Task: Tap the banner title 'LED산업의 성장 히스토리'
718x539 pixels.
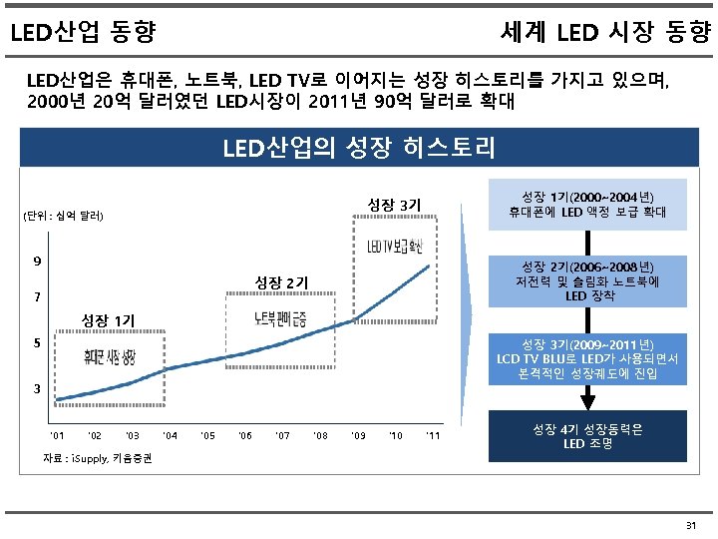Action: pyautogui.click(x=358, y=150)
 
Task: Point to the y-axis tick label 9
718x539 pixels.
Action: pyautogui.click(x=37, y=262)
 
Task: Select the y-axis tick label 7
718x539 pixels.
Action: pyautogui.click(x=37, y=297)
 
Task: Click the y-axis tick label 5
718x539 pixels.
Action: pyautogui.click(x=37, y=342)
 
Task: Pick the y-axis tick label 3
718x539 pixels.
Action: pyautogui.click(x=37, y=387)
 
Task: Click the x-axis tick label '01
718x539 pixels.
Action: pyautogui.click(x=57, y=435)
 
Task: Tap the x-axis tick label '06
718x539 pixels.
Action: pyautogui.click(x=245, y=435)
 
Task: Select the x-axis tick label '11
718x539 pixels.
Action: pyautogui.click(x=433, y=435)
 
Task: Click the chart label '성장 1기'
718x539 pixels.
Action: pyautogui.click(x=107, y=320)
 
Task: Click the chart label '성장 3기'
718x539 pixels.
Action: pyautogui.click(x=394, y=206)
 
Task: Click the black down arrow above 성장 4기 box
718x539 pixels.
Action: pyautogui.click(x=587, y=397)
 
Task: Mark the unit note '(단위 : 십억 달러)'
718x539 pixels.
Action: pyautogui.click(x=67, y=216)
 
